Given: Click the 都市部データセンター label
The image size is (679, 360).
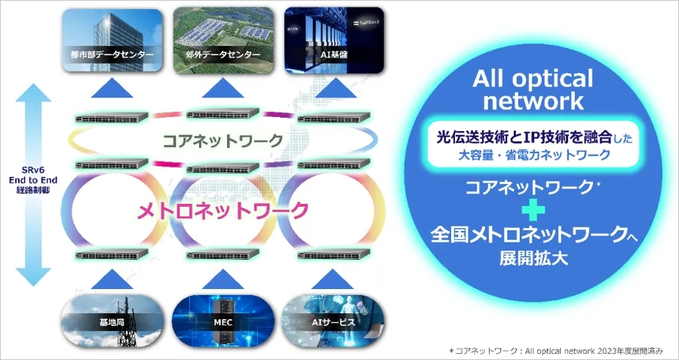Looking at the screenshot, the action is [112, 55].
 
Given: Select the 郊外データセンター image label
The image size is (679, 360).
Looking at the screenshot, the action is [223, 55].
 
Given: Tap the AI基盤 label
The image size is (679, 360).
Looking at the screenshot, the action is [334, 55].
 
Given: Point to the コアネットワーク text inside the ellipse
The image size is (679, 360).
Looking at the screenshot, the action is [223, 140].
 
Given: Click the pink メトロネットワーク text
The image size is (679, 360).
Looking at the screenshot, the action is [223, 211].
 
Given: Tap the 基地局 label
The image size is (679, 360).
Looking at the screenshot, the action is [112, 322].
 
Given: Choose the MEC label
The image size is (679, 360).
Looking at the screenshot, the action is [223, 322].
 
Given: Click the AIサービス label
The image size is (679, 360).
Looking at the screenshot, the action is [334, 322].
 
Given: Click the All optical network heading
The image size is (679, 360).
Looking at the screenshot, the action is [533, 90].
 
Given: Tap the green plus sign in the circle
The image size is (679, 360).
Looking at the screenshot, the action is [533, 211].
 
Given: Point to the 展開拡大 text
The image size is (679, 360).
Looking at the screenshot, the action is [533, 259].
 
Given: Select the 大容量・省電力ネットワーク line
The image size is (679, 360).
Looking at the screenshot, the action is [534, 155].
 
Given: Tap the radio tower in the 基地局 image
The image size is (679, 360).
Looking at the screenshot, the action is [128, 322].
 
